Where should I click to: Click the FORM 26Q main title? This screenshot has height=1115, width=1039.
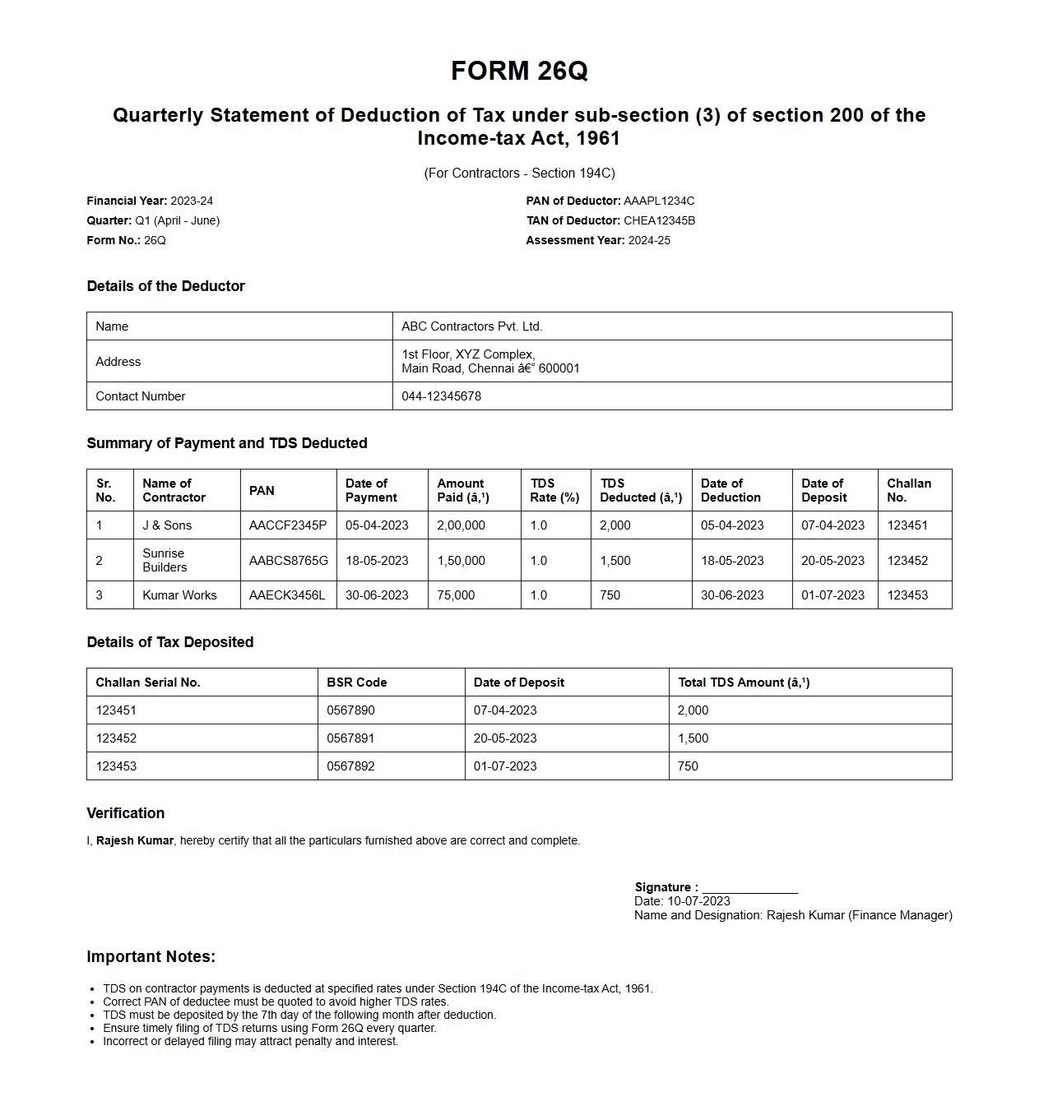pos(519,72)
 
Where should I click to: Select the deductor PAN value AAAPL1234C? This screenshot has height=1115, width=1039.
pos(659,201)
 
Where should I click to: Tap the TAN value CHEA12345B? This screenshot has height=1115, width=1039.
pos(659,220)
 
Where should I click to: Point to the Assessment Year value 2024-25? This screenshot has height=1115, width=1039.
pos(649,240)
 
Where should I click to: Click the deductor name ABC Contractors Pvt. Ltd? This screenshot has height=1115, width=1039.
pos(471,326)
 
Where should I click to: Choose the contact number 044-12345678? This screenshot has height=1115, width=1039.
pos(441,396)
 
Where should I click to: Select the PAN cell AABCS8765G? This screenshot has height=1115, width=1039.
pos(288,561)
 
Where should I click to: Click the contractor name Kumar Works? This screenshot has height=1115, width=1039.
pos(179,595)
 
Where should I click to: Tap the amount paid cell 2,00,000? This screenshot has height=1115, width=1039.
pos(461,525)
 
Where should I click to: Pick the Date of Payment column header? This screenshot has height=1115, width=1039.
pos(371,491)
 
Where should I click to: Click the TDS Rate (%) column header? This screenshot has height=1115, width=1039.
pos(554,491)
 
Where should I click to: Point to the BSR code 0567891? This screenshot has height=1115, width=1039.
pos(350,738)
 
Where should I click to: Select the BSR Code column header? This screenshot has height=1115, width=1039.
pos(356,682)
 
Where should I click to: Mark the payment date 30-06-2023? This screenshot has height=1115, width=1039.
pos(377,595)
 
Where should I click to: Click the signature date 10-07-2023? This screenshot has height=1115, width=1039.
pos(698,901)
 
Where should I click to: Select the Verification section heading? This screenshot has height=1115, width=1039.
pos(126,813)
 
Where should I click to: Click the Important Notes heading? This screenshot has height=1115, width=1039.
pos(151,957)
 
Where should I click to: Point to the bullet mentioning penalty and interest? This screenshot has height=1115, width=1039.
pos(250,1041)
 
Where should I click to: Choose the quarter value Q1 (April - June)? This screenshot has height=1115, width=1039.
pos(177,220)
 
